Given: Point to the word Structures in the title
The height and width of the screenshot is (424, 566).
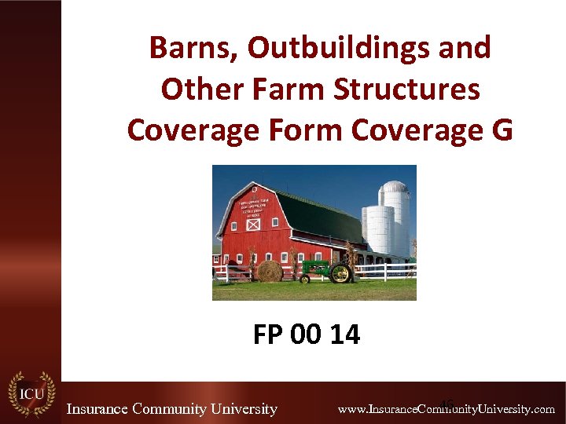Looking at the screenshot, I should click(407, 90).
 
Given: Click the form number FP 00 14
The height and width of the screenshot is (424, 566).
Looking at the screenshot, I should click(307, 335).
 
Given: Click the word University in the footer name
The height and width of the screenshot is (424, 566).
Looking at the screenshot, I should click(237, 408).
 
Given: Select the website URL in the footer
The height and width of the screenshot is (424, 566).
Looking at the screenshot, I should click(446, 409).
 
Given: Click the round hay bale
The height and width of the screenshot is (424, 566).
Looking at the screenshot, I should click(270, 271).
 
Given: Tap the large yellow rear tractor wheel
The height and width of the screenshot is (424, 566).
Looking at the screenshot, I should click(340, 273).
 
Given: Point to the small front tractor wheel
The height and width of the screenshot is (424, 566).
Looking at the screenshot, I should click(305, 278).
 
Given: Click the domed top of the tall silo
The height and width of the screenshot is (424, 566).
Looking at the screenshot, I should click(395, 187).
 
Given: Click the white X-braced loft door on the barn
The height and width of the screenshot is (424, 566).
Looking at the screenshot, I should click(252, 225).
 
